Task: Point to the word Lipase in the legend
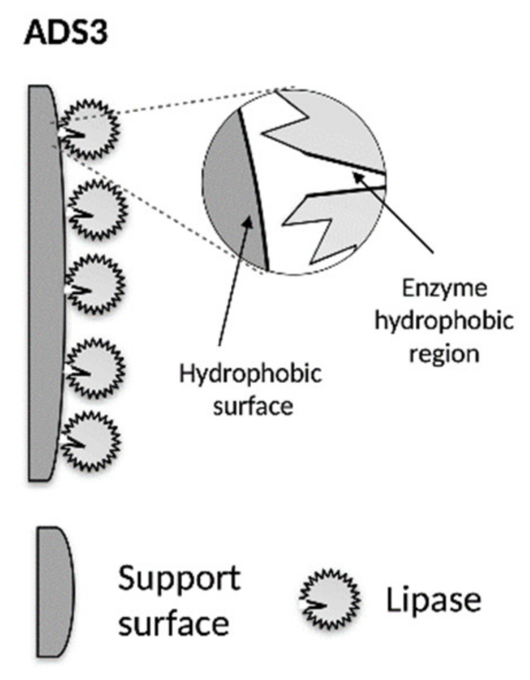pos(433,600)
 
